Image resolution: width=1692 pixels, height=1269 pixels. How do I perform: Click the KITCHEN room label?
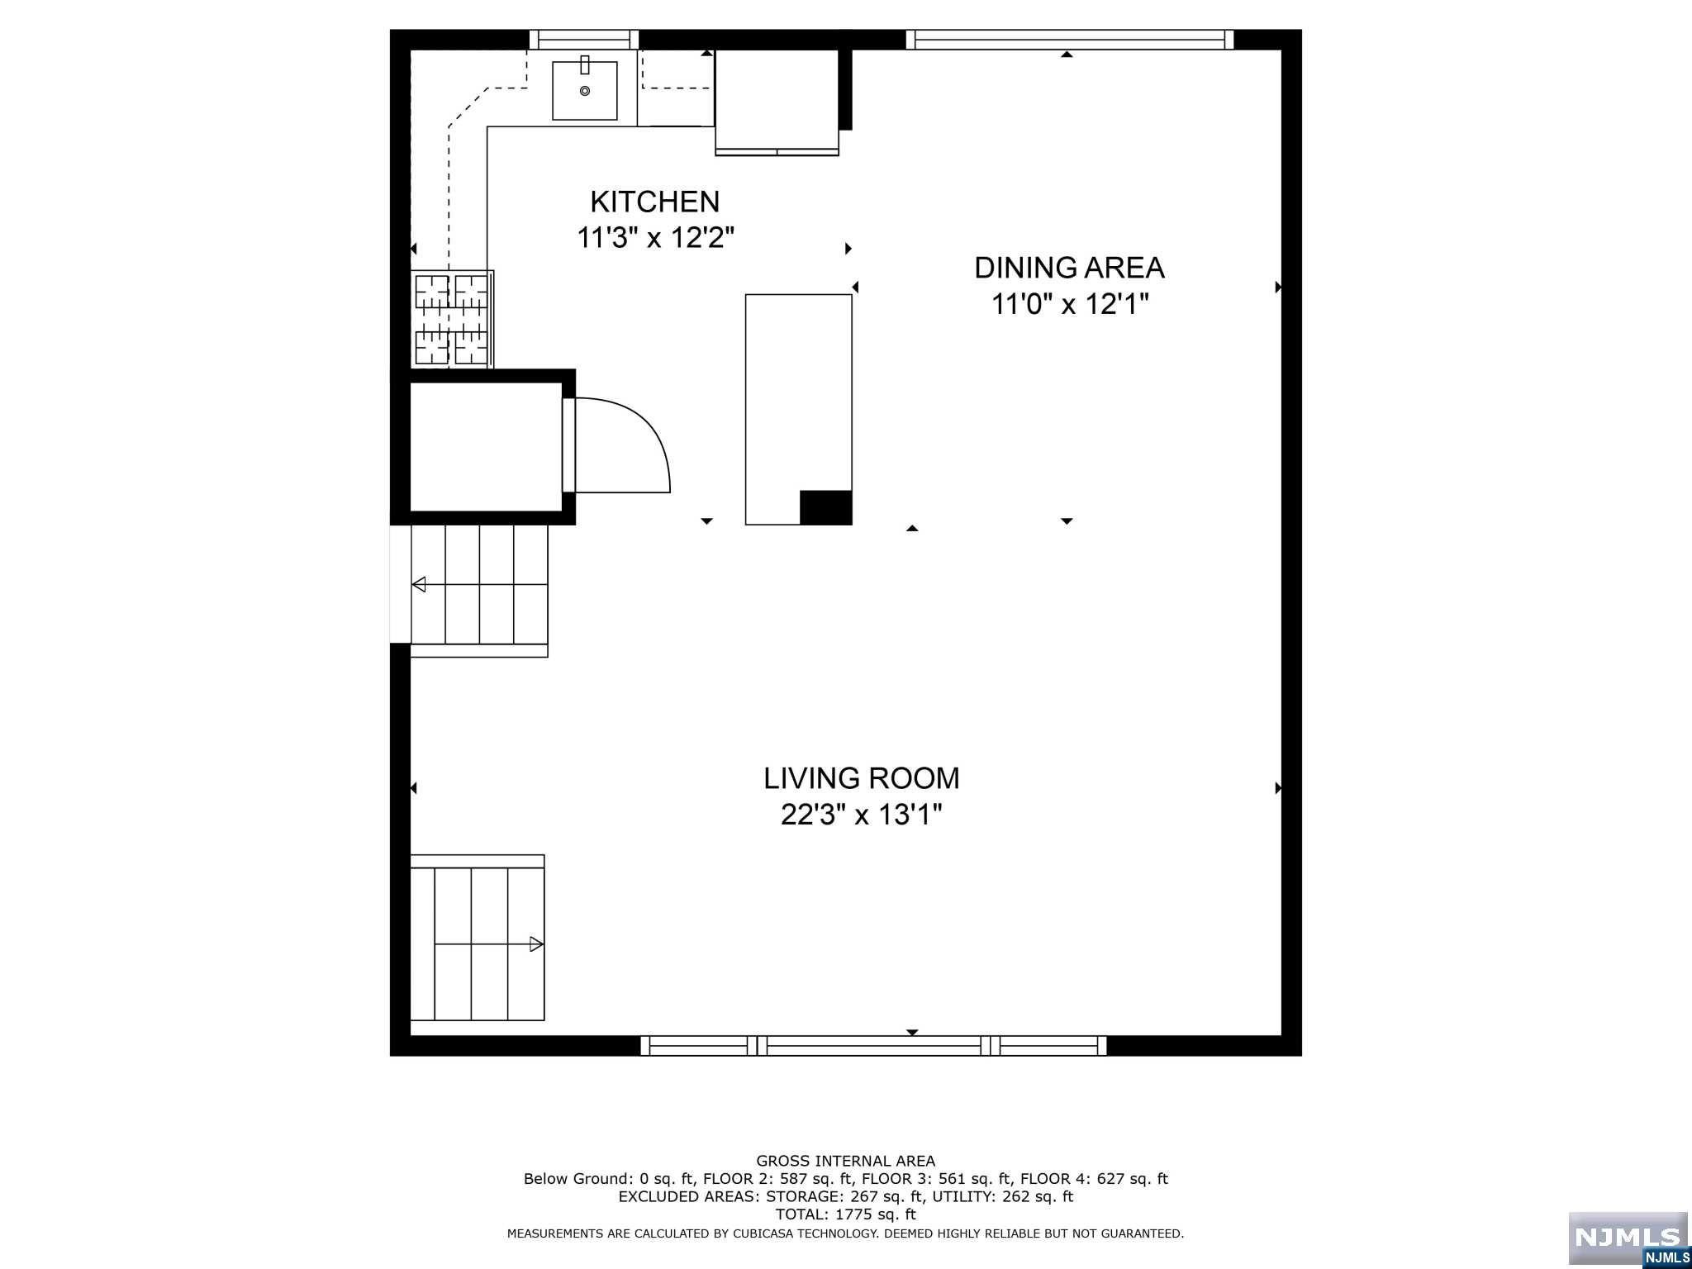(x=654, y=202)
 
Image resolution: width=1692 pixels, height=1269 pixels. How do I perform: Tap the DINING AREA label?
(x=1069, y=268)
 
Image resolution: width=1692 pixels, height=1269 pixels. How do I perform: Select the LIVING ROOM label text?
(x=861, y=778)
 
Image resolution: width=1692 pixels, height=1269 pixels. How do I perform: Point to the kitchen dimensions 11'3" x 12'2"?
(x=655, y=239)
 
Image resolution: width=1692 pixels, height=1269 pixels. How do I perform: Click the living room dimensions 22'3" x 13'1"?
(x=861, y=815)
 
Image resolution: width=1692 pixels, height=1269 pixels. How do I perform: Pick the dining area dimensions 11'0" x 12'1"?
(x=1070, y=305)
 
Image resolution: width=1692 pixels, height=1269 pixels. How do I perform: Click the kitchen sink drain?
(x=585, y=91)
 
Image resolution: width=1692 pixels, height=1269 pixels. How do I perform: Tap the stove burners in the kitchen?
(x=451, y=319)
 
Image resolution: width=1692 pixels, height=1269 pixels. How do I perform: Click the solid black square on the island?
(x=825, y=507)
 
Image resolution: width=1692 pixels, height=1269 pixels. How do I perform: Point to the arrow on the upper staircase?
(x=419, y=585)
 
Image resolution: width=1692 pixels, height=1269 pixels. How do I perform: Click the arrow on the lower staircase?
(x=536, y=943)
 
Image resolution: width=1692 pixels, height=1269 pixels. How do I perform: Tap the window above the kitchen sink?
(x=584, y=39)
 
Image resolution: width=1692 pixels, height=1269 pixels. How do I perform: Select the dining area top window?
(x=1070, y=39)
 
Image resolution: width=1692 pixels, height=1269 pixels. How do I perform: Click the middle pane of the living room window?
(x=873, y=1045)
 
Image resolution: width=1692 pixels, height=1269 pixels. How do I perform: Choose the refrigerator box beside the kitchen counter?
(x=777, y=101)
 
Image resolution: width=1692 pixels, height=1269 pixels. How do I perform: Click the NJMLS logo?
(x=1628, y=1238)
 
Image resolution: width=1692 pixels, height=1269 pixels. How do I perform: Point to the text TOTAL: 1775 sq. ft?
(x=845, y=1214)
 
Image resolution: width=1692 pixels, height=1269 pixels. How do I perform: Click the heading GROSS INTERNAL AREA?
(x=845, y=1161)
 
